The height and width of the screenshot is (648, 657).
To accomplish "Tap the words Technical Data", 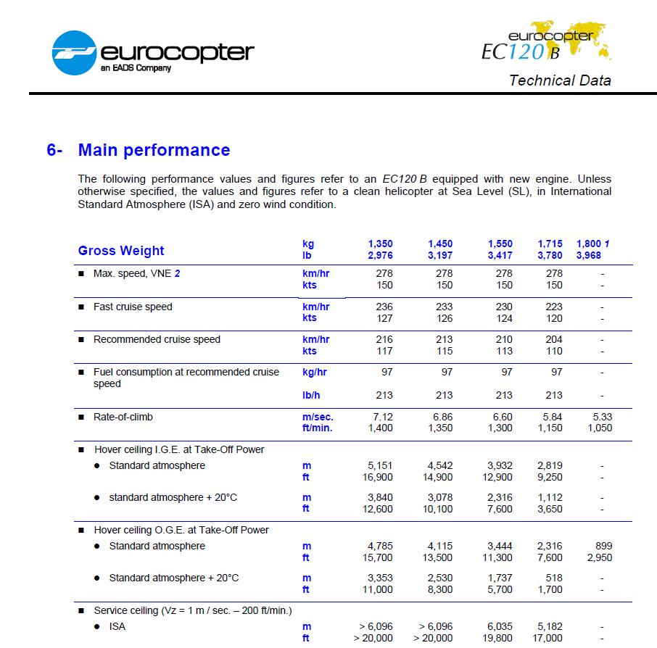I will tap(560, 80).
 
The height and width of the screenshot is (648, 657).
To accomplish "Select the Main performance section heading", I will tap(154, 150).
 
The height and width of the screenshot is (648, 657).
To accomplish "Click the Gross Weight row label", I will tap(121, 251).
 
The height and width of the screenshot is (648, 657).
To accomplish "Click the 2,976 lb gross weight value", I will tap(380, 256).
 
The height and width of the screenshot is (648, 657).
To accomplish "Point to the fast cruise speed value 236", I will tap(384, 307).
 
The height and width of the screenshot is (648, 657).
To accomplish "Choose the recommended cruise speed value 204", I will tap(553, 339).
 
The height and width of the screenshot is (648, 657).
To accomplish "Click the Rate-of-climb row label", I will tap(123, 417).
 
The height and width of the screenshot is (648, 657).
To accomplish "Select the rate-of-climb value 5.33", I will tap(601, 417).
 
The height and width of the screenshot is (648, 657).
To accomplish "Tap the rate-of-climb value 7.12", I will tap(381, 417).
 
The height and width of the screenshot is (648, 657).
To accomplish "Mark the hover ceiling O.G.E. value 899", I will tap(603, 546).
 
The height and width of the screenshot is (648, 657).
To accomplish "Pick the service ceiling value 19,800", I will tap(496, 638).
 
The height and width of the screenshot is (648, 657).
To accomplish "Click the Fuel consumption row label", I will tap(186, 372).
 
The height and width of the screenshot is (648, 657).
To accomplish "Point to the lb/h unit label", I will tap(312, 395).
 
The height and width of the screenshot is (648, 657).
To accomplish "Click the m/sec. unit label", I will tap(317, 417).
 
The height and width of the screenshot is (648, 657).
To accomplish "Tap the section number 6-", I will tap(54, 150).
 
